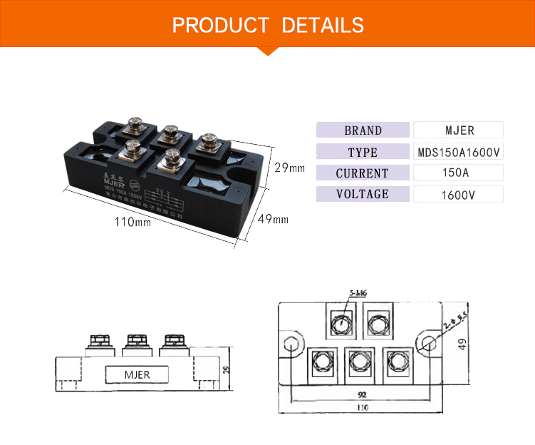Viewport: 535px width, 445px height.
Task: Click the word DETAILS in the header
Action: coord(323,26)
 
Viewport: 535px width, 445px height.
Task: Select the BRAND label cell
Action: coord(363,131)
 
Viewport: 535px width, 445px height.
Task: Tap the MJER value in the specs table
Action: coord(459,131)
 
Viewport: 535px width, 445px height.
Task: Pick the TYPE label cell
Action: coord(363,152)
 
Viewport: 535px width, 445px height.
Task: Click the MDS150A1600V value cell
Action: coord(459,152)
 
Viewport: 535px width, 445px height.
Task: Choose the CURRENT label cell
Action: coord(363,173)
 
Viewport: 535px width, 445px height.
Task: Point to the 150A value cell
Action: coord(459,173)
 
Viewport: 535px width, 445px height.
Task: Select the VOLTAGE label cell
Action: coord(363,194)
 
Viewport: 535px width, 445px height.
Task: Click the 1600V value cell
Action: coord(459,195)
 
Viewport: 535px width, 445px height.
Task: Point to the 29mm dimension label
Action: coord(289,168)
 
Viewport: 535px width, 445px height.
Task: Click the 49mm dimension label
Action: coord(273,219)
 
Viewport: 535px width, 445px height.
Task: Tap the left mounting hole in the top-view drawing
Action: coord(290,344)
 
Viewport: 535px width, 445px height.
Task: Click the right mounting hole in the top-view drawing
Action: coord(427,344)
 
